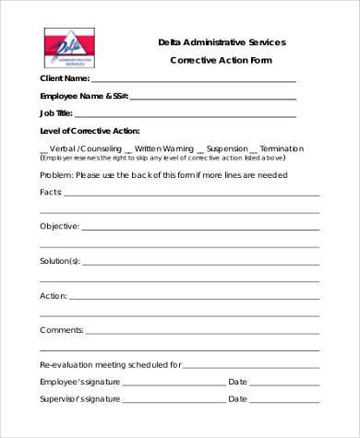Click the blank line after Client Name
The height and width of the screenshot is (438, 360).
(193, 81)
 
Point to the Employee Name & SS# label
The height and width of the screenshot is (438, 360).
(84, 96)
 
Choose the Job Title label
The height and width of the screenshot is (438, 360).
(56, 112)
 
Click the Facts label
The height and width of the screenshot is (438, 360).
(52, 192)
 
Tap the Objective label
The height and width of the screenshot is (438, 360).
(59, 226)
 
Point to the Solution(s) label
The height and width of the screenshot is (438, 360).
(60, 260)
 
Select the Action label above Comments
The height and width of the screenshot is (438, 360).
(54, 295)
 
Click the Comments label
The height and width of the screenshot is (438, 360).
(62, 329)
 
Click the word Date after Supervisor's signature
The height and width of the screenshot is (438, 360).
(237, 398)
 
